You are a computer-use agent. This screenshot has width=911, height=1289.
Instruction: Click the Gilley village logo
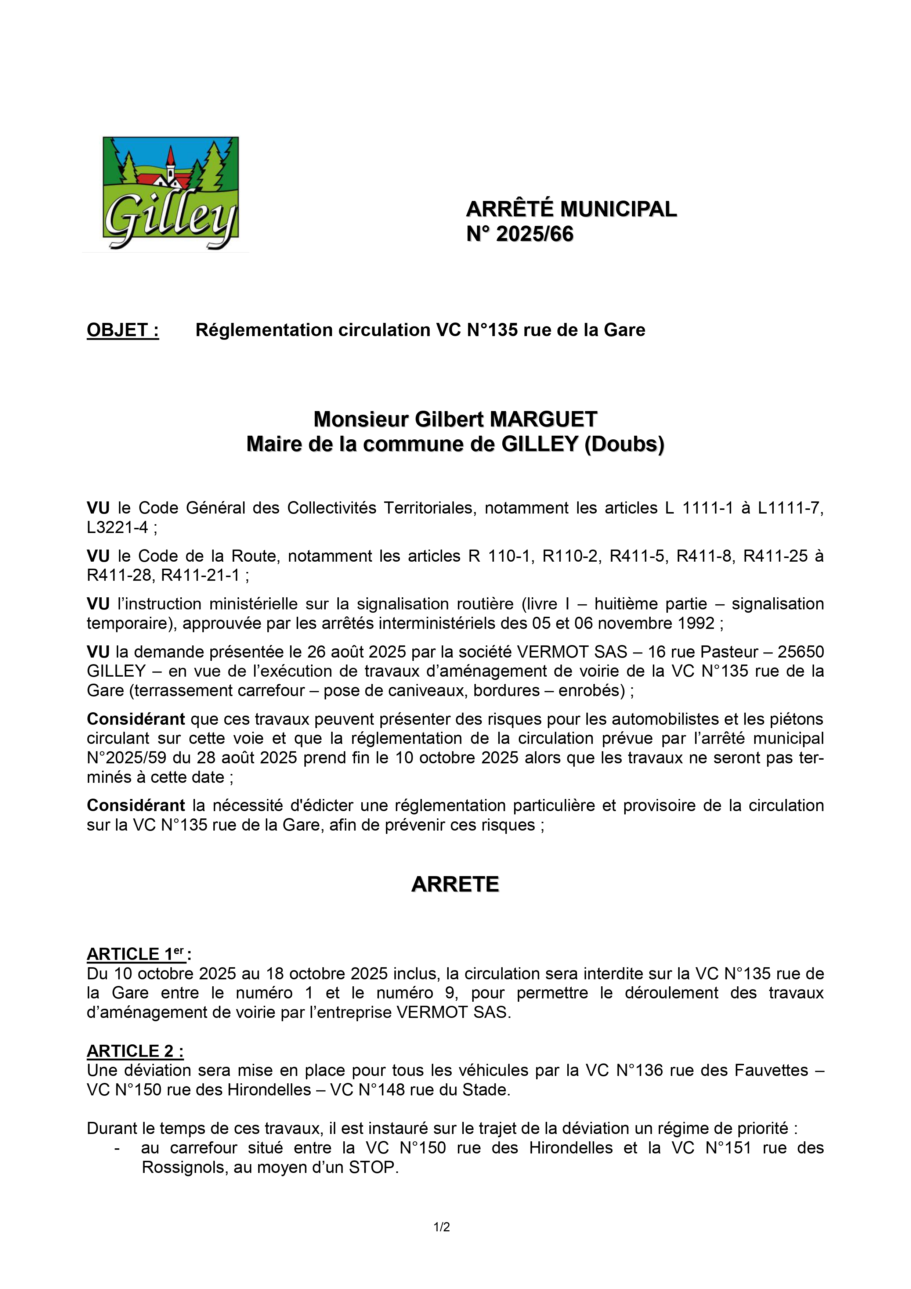(171, 194)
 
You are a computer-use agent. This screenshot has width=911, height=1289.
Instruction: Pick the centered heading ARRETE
(455, 884)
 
